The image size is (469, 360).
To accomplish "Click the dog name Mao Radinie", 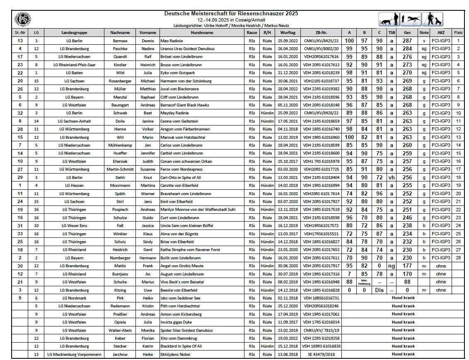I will [172, 41].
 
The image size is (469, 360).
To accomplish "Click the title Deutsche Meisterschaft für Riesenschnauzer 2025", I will [231, 13].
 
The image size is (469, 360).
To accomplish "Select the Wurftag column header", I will [288, 32].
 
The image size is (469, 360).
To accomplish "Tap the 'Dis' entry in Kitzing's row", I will [378, 290].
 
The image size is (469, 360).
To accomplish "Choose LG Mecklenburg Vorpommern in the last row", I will [75, 354].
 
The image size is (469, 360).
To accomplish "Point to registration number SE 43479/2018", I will [321, 354].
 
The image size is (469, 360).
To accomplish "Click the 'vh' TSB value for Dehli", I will [391, 177].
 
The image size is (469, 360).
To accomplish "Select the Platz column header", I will [458, 32].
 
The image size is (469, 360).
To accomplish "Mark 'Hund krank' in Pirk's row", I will [403, 298].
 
